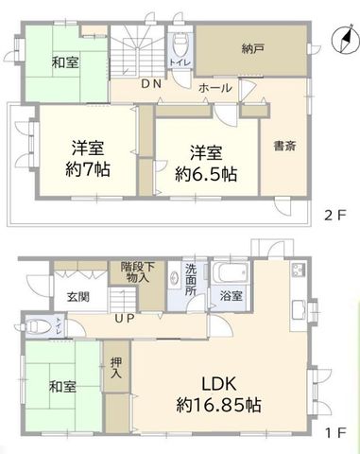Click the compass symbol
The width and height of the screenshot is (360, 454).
(x=345, y=40)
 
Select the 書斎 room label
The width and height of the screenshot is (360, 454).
(x=284, y=146)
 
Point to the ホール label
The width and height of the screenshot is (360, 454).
(x=215, y=88)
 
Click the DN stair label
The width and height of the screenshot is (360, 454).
(x=151, y=84)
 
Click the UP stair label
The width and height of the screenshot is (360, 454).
(x=125, y=319)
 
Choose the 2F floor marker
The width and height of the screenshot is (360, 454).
(x=335, y=216)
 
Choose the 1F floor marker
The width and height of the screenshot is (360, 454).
(x=336, y=433)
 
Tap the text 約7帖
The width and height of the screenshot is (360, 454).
(x=88, y=170)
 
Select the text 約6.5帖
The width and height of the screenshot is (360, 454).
(x=206, y=174)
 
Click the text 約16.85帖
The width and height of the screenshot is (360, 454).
(x=218, y=406)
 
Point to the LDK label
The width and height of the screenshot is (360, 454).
(x=218, y=384)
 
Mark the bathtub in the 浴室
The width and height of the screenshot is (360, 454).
(x=231, y=272)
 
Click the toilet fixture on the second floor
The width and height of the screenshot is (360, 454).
(x=180, y=44)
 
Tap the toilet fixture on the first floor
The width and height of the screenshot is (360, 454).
(x=38, y=326)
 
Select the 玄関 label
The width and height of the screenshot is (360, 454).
(x=78, y=297)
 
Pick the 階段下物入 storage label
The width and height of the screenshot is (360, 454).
(x=138, y=272)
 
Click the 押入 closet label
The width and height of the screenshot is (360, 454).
(x=116, y=368)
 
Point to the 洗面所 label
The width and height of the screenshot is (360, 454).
(x=191, y=280)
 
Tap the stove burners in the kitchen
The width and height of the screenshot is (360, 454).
(x=298, y=270)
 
